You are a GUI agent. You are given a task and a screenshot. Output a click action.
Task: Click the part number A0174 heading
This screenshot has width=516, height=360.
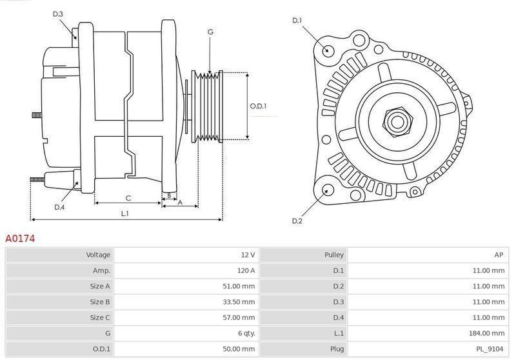[x=20, y=238]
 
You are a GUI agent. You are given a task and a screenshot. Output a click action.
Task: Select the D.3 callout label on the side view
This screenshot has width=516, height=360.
[x=57, y=14]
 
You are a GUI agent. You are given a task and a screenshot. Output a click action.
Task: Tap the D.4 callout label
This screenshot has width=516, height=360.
[x=59, y=207]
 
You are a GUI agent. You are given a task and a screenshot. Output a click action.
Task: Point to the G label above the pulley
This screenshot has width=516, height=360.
[x=210, y=32]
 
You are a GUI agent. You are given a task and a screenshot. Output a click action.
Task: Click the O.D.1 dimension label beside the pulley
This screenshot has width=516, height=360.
[x=258, y=106]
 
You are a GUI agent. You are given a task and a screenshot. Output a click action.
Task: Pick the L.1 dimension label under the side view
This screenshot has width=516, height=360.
[x=124, y=214]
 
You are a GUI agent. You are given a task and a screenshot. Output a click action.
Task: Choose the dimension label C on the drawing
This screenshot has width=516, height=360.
[x=128, y=198]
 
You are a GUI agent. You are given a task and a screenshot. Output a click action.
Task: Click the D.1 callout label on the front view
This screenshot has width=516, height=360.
[x=297, y=21]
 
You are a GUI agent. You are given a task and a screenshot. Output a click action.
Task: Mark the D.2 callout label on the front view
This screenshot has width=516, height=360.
[x=297, y=221]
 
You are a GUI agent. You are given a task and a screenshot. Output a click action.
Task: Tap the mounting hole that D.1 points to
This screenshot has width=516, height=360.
[x=327, y=50]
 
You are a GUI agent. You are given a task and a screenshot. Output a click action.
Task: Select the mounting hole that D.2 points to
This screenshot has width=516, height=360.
[x=327, y=190]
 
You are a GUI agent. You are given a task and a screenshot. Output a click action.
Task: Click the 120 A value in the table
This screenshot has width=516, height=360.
[x=246, y=270]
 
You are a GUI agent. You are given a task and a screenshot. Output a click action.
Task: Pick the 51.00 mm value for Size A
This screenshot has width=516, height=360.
[x=239, y=286]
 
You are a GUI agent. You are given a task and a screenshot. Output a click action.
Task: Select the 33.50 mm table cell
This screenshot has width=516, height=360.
[x=239, y=302]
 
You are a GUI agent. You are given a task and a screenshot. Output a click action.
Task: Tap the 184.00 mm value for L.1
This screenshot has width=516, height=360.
[x=486, y=334]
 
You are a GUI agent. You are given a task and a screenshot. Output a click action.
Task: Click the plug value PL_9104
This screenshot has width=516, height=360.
[x=490, y=349]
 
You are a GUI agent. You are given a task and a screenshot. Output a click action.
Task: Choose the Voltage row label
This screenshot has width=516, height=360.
[x=98, y=255]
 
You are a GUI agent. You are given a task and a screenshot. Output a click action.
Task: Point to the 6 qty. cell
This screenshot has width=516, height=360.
[x=246, y=334]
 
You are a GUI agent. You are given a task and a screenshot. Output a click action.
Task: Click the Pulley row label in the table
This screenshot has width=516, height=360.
[x=334, y=255]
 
